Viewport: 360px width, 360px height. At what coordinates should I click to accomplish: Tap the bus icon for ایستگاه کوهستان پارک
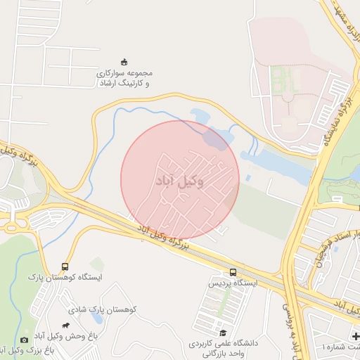65,267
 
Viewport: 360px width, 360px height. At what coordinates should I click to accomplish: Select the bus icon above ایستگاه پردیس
233,273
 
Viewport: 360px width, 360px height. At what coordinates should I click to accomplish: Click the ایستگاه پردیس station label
231,283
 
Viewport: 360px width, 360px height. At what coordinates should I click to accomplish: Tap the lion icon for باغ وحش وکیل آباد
66,326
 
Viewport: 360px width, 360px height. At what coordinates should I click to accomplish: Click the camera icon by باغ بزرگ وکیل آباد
25,340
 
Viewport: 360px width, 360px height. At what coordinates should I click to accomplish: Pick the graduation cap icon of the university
223,333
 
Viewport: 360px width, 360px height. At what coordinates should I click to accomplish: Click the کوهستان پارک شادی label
106,309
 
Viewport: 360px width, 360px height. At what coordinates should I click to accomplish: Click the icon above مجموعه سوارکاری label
124,61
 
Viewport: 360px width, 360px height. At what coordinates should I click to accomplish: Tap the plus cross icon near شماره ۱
355,337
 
